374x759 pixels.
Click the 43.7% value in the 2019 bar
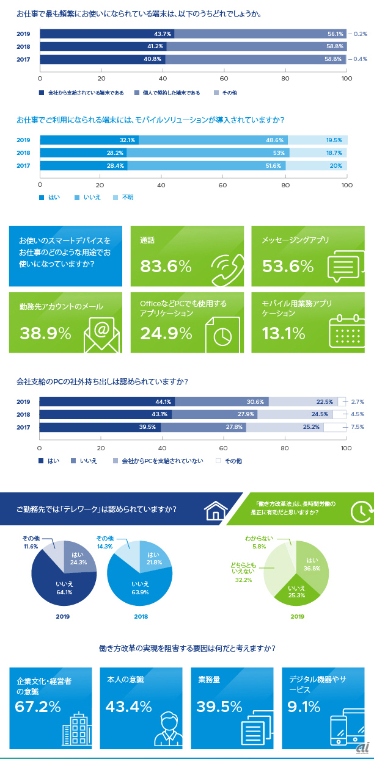pyautogui.click(x=163, y=34)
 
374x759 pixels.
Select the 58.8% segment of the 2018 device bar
pyautogui.click(x=257, y=46)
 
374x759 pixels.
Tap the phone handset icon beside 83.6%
pyautogui.click(x=227, y=267)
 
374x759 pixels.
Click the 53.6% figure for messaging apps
pyautogui.click(x=288, y=266)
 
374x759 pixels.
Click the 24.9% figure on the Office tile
pyautogui.click(x=166, y=333)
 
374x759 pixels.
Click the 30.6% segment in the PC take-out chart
pyautogui.click(x=221, y=401)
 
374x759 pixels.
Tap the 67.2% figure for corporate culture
pyautogui.click(x=38, y=707)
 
